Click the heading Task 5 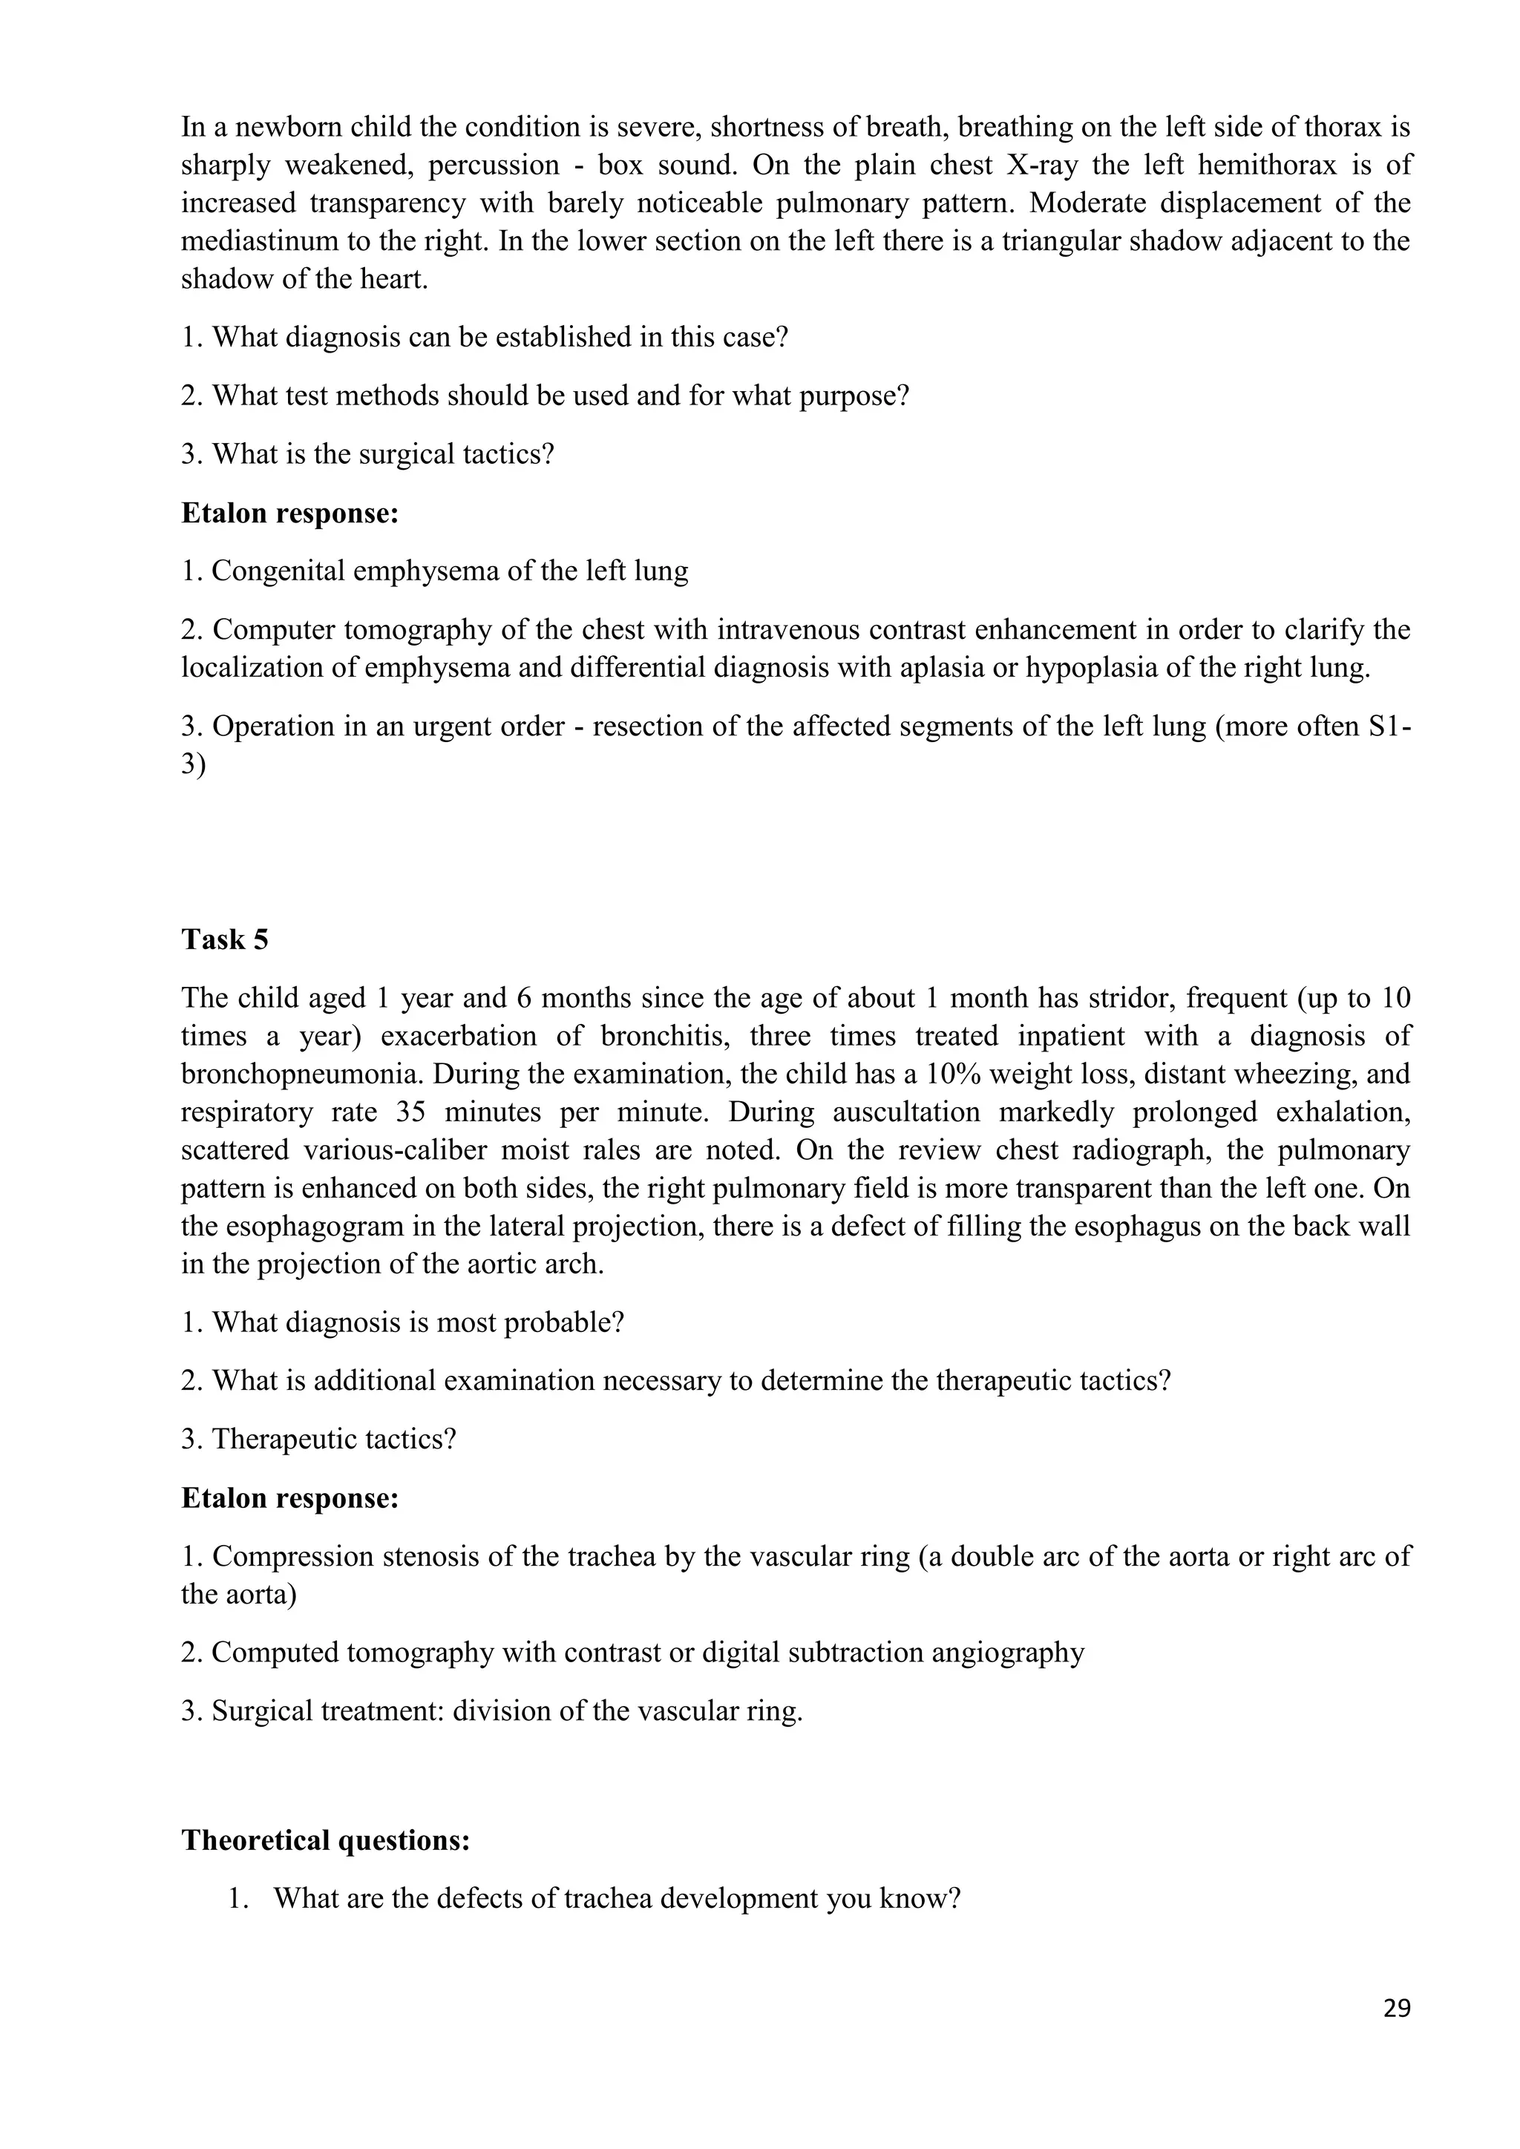[225, 939]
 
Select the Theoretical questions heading [325, 1840]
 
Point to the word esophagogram [318, 1226]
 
